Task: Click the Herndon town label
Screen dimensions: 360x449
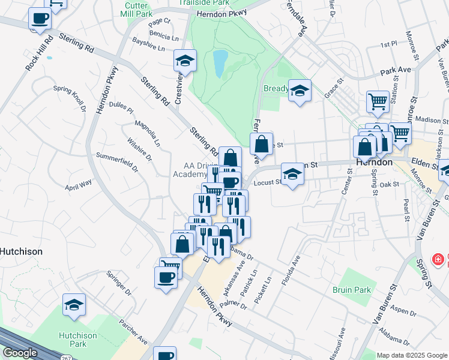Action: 373,163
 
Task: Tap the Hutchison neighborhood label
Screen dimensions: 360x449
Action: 21,251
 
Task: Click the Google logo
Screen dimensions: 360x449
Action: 20,353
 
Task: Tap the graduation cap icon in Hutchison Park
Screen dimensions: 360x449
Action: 74,304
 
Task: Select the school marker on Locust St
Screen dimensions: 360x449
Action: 292,173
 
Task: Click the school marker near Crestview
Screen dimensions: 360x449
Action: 185,59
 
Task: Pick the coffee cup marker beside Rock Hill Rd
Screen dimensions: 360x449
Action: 40,18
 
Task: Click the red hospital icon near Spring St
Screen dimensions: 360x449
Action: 439,260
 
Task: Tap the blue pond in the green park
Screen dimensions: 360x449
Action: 219,62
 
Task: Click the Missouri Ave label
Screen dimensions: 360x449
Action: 341,340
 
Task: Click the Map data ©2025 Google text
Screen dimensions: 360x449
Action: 411,355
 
